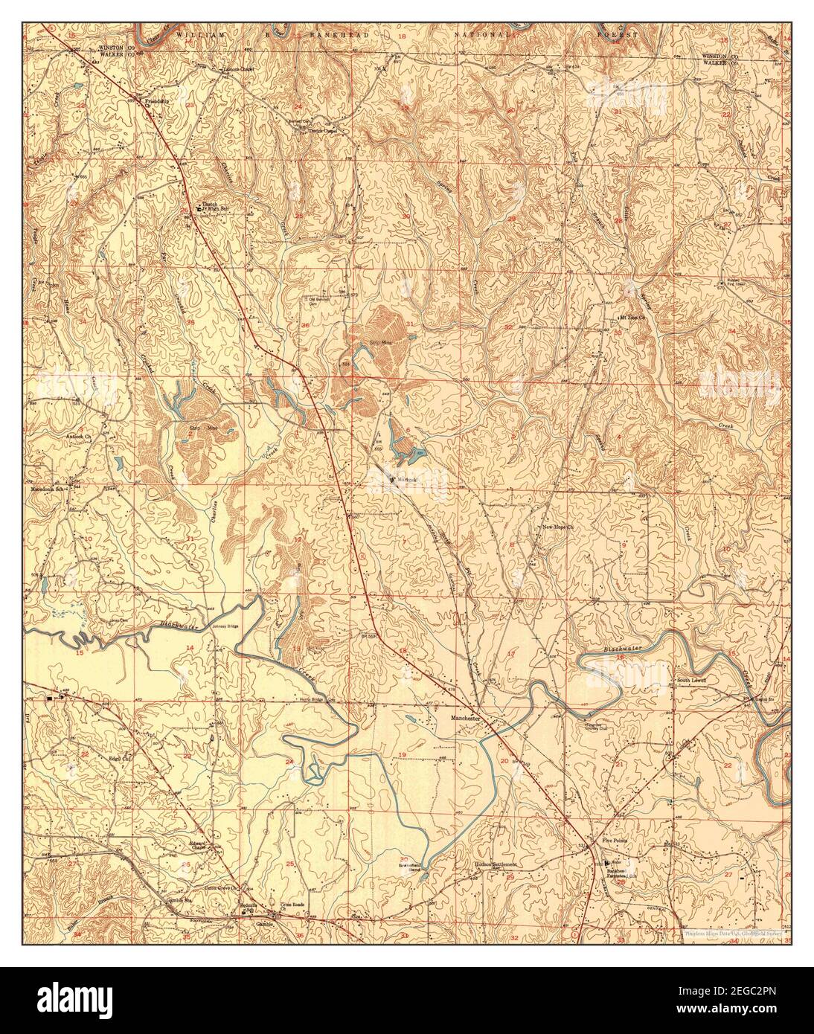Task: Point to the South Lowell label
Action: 691,680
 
